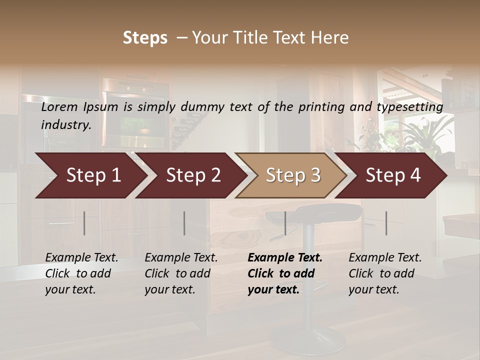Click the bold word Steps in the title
[145, 38]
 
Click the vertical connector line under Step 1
[84, 223]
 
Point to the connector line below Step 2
[184, 223]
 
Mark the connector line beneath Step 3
[285, 223]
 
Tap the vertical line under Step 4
[386, 223]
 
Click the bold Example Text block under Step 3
[285, 273]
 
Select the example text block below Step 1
[81, 273]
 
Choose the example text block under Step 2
[181, 273]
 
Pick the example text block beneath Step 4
[385, 273]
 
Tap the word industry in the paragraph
[65, 125]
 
